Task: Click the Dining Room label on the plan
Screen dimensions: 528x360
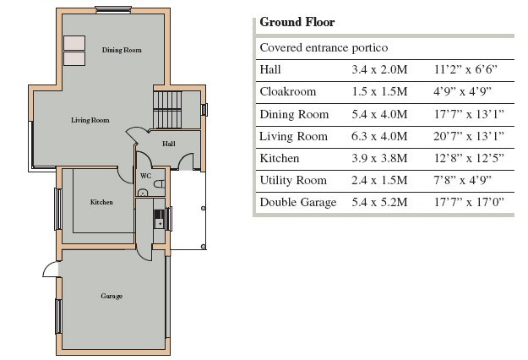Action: point(122,50)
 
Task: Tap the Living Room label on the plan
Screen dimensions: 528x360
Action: point(90,120)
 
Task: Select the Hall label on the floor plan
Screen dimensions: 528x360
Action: point(169,144)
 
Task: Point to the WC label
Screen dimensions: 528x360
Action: point(145,176)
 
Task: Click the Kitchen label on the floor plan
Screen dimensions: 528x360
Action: point(101,202)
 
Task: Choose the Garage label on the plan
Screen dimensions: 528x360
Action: point(112,296)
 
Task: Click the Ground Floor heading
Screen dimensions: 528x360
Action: point(297,22)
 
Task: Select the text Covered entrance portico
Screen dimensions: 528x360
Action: point(324,48)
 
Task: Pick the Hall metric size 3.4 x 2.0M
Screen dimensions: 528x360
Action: point(379,69)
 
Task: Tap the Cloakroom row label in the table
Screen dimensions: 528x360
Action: point(288,91)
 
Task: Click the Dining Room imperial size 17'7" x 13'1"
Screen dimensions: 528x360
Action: point(468,114)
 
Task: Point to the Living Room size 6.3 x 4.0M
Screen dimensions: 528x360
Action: point(379,136)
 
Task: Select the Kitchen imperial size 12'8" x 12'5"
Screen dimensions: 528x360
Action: point(468,158)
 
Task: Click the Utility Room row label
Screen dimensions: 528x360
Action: point(293,181)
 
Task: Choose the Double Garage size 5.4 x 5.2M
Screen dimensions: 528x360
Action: point(379,203)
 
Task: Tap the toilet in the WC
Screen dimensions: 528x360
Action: point(160,184)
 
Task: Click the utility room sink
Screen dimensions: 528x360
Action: point(159,219)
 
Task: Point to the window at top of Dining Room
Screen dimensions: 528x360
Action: point(113,10)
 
